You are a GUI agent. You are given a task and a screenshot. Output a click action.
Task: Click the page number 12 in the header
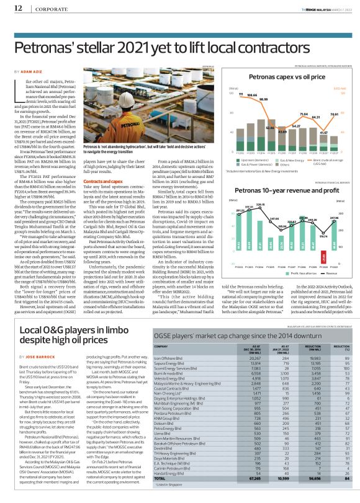pyautogui.click(x=18, y=8)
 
